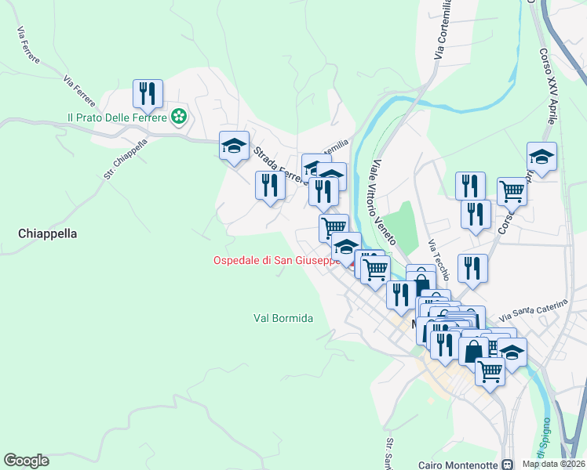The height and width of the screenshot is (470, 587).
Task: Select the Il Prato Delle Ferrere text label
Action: click(x=117, y=117)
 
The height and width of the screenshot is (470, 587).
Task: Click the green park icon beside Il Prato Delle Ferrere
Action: click(x=180, y=117)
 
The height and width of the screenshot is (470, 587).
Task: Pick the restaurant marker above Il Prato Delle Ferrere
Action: click(x=148, y=95)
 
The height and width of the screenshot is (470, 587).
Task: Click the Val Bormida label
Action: click(x=283, y=318)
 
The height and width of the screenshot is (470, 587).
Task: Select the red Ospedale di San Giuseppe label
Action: click(x=276, y=260)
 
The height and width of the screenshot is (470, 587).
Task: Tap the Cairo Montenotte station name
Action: click(x=458, y=464)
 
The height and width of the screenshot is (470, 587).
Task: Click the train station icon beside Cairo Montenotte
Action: click(x=507, y=464)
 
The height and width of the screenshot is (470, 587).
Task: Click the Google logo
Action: click(x=26, y=461)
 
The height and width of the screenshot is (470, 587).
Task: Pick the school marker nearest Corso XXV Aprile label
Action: click(x=541, y=157)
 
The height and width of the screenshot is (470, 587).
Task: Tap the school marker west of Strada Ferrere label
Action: click(x=234, y=146)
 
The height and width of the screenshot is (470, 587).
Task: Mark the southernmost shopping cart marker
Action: click(x=490, y=370)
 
